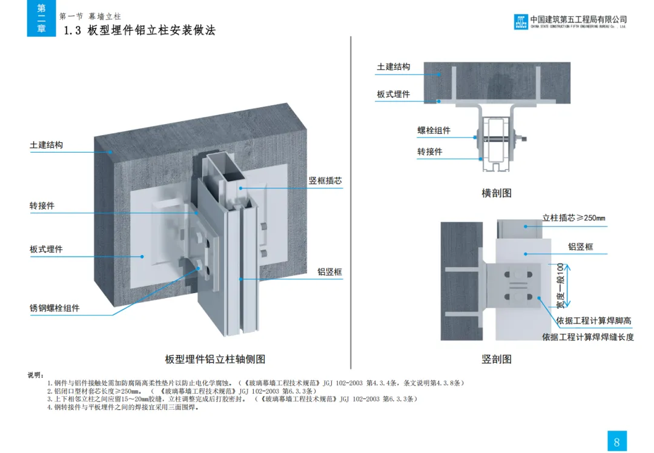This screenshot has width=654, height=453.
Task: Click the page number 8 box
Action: [x=616, y=441]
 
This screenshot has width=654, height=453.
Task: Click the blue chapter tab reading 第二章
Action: [x=41, y=19]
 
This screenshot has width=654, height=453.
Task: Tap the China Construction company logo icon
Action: [x=521, y=22]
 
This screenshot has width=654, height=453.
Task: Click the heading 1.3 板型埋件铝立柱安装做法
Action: [x=140, y=30]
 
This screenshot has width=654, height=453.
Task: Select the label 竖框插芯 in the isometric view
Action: [x=325, y=180]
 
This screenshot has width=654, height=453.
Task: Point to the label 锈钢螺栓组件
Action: [x=54, y=308]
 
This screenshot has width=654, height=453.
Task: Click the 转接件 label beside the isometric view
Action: [x=42, y=205]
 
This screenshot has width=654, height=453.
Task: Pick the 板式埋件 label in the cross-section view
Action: [x=393, y=94]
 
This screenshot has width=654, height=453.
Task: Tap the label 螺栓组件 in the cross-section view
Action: [x=434, y=130]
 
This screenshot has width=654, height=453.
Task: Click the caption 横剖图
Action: [x=497, y=193]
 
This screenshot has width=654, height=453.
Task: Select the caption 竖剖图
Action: [x=497, y=359]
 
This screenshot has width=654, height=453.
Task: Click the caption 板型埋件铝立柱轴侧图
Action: [x=215, y=359]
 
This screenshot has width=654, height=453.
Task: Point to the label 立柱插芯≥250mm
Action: [x=573, y=218]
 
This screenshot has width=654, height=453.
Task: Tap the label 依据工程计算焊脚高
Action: [x=594, y=320]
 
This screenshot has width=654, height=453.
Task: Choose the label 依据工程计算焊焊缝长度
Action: [x=587, y=337]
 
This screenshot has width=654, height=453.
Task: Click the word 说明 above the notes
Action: [x=36, y=375]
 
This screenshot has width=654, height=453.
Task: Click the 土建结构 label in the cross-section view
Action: [x=393, y=67]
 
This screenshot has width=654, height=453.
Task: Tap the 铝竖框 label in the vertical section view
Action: [x=580, y=246]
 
